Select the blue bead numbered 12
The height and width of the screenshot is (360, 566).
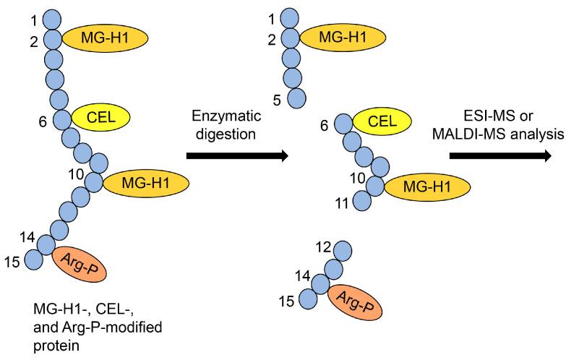[x=343, y=252]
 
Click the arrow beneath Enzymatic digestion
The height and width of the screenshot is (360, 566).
[x=236, y=155]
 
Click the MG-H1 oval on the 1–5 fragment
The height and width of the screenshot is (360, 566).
[x=340, y=36]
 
